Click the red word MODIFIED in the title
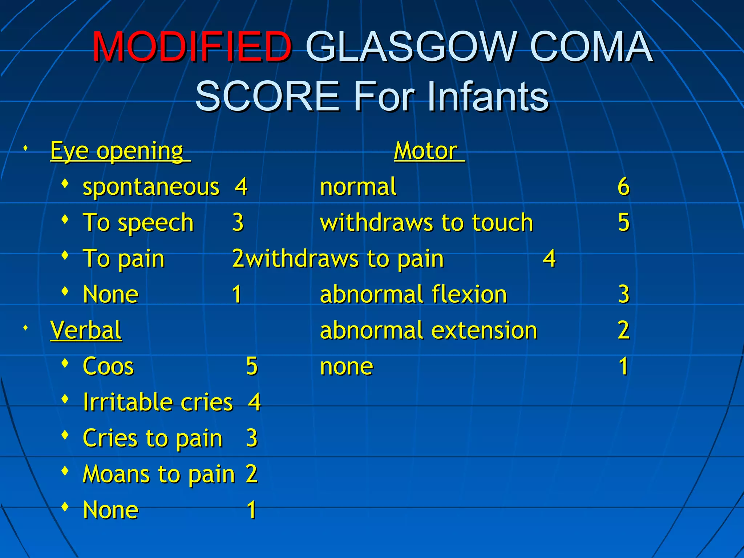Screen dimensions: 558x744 pyautogui.click(x=192, y=47)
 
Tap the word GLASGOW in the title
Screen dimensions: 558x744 pyautogui.click(x=411, y=47)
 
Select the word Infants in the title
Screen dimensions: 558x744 pyautogui.click(x=488, y=97)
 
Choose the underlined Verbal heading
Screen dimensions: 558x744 pyautogui.click(x=86, y=330)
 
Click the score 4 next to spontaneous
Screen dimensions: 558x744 pyautogui.click(x=241, y=187)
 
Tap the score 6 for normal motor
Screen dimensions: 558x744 pyautogui.click(x=623, y=187)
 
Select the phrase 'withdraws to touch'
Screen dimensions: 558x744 pyautogui.click(x=426, y=222)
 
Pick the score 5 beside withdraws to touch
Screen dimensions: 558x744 pyautogui.click(x=623, y=222)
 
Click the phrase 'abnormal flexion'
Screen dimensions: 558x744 pyautogui.click(x=413, y=294)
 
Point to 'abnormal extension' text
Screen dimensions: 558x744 pyautogui.click(x=428, y=330)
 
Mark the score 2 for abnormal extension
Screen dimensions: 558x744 pyautogui.click(x=623, y=330)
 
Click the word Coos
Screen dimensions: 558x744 pyautogui.click(x=108, y=366)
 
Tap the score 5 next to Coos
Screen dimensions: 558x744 pyautogui.click(x=252, y=366)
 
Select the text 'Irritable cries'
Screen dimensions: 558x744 pyautogui.click(x=158, y=402)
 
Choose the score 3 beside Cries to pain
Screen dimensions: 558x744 pyautogui.click(x=252, y=438)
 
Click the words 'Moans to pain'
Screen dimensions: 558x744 pyautogui.click(x=159, y=474)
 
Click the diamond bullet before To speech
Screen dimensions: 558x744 pyautogui.click(x=65, y=219)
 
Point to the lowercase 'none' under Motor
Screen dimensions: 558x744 pyautogui.click(x=347, y=366)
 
